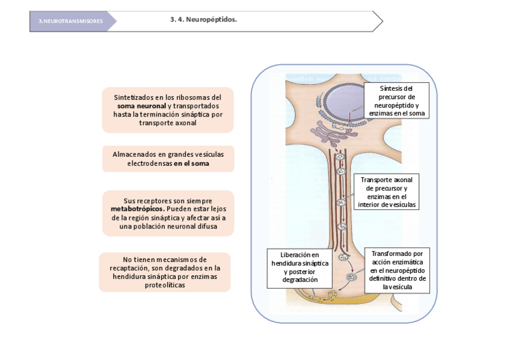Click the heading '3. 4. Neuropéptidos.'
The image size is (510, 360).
coord(203,20)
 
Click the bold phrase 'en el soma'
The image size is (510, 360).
coord(191,163)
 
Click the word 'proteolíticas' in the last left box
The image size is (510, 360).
coord(165,285)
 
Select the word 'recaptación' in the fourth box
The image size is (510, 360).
coord(129,268)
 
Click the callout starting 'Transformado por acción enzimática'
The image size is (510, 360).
coord(398,270)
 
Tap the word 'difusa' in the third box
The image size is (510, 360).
coord(206,227)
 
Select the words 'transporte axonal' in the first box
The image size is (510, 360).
coord(168,123)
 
